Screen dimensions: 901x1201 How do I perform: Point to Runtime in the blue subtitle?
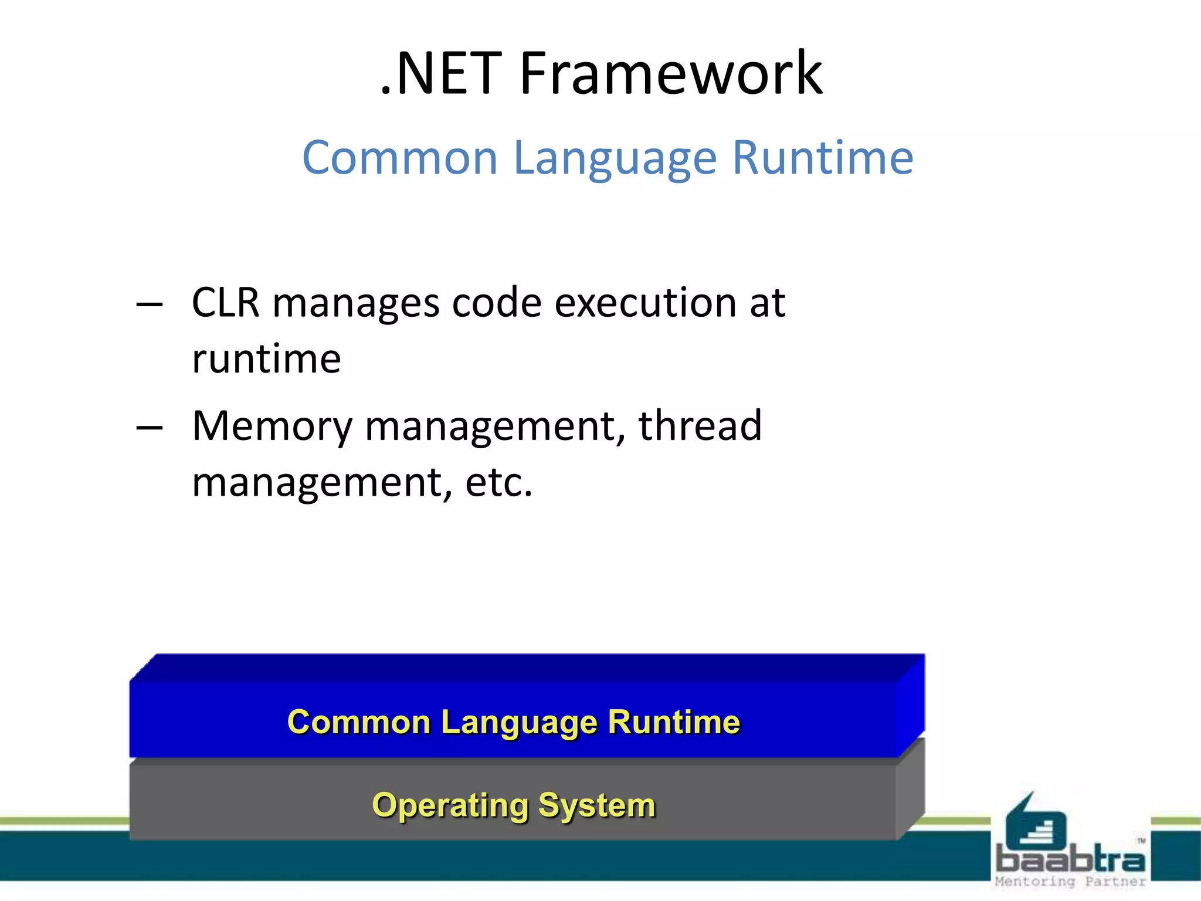[823, 158]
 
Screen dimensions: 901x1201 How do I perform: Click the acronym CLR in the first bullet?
[225, 303]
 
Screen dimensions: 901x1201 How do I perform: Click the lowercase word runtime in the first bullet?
[266, 359]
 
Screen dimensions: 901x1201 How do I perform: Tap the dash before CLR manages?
[149, 304]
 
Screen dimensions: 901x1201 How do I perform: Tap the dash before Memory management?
[149, 428]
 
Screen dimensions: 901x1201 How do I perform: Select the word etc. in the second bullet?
[498, 482]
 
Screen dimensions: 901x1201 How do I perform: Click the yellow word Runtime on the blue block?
[674, 722]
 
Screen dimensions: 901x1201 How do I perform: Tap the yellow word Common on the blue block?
[359, 722]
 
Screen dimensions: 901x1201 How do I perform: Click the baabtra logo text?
[1070, 861]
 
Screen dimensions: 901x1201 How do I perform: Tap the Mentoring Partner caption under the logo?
[1070, 882]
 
